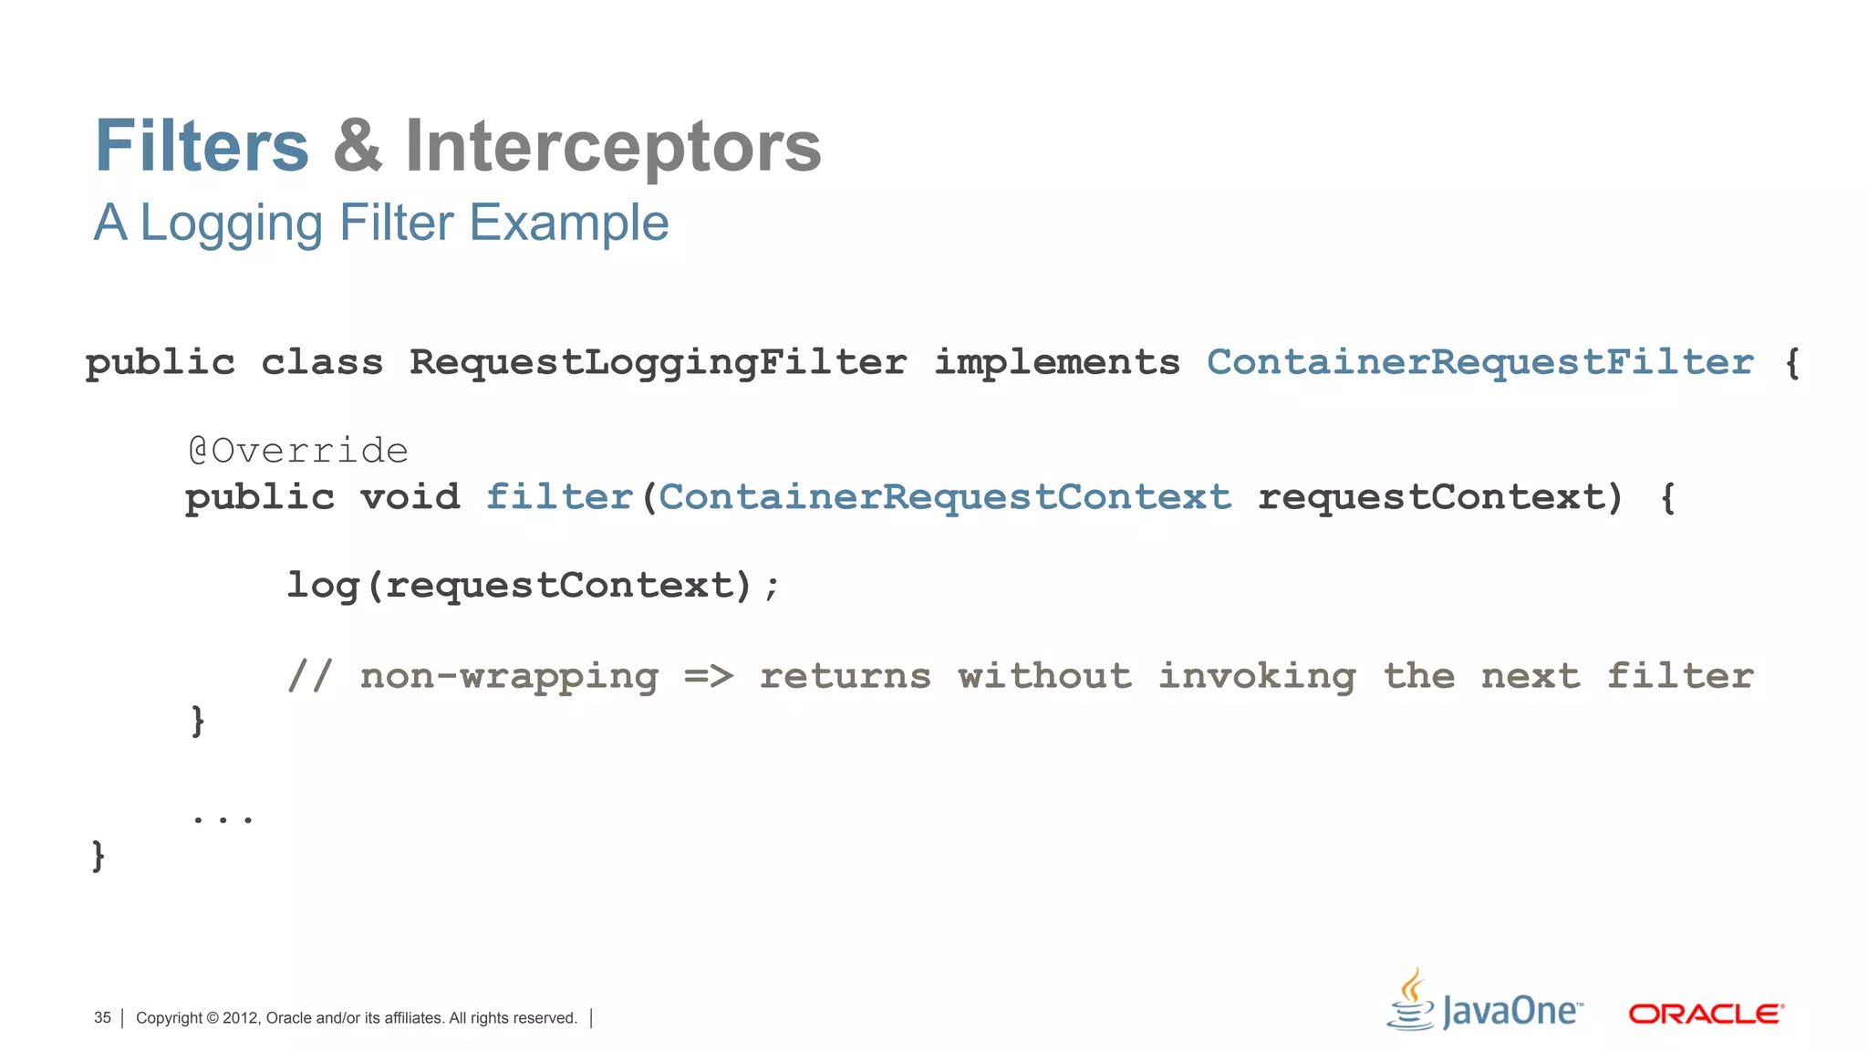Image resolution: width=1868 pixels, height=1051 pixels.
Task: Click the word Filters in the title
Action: click(x=202, y=146)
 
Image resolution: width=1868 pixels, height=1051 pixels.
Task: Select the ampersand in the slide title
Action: click(x=358, y=146)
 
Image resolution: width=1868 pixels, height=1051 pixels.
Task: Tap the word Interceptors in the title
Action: click(x=613, y=146)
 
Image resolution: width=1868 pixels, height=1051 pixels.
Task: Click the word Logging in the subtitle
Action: click(x=232, y=224)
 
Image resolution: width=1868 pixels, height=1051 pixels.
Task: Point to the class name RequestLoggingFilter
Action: click(x=658, y=363)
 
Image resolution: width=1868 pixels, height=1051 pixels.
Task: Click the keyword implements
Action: click(x=1056, y=363)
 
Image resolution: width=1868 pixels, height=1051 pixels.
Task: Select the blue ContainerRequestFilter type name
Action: click(x=1479, y=362)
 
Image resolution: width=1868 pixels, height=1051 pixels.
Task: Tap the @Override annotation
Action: click(x=298, y=451)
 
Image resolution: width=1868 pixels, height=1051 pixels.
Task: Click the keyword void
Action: click(x=410, y=497)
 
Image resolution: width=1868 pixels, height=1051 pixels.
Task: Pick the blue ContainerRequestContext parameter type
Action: click(x=945, y=497)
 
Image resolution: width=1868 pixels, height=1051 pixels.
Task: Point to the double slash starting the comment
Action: click(x=309, y=676)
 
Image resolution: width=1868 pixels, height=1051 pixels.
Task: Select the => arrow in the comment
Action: click(x=709, y=676)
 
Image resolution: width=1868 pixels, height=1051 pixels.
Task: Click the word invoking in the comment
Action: click(x=1257, y=676)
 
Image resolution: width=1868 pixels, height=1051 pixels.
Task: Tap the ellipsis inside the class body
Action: click(x=223, y=817)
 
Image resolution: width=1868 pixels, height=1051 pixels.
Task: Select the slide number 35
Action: click(x=102, y=1018)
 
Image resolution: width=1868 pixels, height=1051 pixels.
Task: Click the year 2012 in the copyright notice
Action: click(x=241, y=1018)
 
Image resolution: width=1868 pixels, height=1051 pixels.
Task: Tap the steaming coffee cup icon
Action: click(x=1411, y=1000)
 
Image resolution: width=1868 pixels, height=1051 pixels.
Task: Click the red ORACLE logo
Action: click(x=1706, y=1014)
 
